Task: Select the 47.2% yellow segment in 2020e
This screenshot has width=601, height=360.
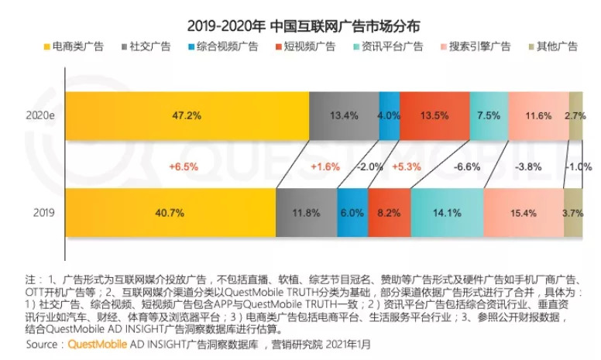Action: (x=186, y=116)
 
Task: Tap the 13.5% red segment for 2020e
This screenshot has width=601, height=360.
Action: (x=434, y=116)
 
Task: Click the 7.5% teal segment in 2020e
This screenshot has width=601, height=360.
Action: (x=488, y=116)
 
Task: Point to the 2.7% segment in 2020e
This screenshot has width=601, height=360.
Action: (x=575, y=116)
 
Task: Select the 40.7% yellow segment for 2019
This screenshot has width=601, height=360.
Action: (x=170, y=212)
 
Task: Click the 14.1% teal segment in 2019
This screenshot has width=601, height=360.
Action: (x=447, y=212)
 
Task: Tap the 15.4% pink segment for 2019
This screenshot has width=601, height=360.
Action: (x=523, y=212)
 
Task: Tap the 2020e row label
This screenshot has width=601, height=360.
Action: (x=39, y=116)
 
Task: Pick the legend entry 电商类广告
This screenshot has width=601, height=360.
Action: (x=81, y=46)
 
